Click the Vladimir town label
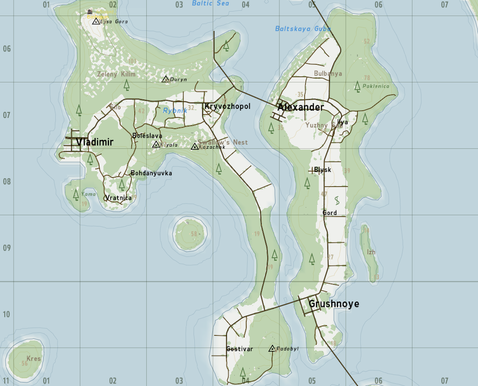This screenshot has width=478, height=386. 95,142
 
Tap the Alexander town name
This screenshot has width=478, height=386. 300,107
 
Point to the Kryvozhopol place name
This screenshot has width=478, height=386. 227,106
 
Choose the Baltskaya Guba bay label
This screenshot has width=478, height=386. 303,29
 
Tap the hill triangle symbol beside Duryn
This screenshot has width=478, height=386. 166,79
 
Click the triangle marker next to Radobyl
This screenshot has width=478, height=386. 272,349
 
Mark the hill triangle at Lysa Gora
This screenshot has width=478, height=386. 96,21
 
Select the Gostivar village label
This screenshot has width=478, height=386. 239,349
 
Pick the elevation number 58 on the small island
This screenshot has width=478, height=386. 194,234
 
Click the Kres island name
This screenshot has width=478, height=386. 33,359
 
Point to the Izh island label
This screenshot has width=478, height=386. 371,252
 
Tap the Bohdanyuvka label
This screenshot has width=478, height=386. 151,173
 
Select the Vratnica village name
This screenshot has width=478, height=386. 118,198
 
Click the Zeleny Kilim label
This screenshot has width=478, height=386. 116,74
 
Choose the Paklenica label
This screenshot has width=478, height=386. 376,86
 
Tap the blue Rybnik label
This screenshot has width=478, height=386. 175,111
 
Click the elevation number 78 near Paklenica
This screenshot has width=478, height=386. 367,78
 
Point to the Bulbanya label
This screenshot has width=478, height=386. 328,73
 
